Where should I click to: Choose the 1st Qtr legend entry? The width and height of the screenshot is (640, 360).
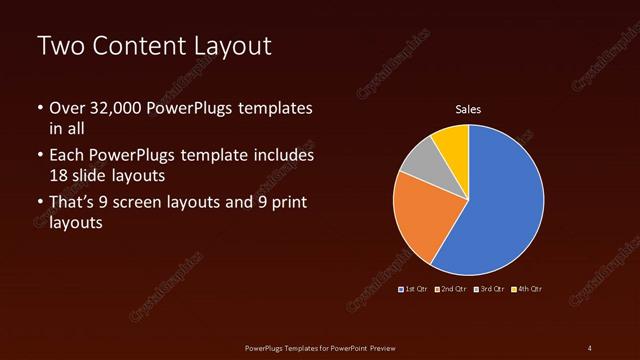416,289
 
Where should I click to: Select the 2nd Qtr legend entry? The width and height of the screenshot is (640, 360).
452,289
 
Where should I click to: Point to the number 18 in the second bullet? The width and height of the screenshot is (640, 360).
59,174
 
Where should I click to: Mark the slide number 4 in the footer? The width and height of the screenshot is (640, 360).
589,347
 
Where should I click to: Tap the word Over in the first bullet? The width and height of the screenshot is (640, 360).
66,108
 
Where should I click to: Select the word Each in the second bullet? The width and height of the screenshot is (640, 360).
66,156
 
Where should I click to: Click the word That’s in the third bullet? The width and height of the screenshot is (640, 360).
73,204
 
